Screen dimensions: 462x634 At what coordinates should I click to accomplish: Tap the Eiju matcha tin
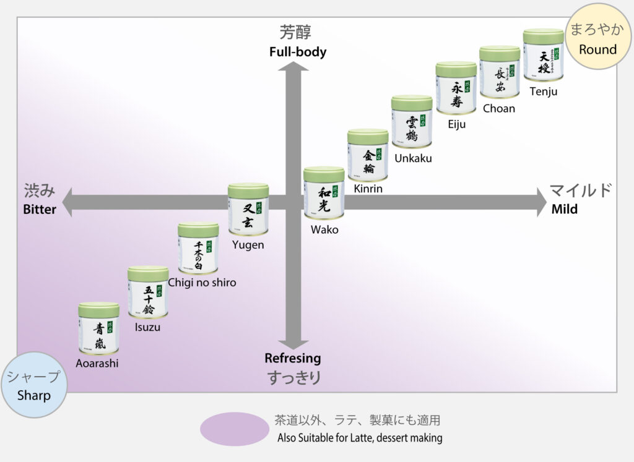(x=456, y=88)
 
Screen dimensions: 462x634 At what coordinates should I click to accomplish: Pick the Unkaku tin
(x=412, y=122)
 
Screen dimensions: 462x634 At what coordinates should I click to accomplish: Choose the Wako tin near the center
(x=324, y=192)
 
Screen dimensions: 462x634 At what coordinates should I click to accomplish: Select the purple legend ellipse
(x=235, y=429)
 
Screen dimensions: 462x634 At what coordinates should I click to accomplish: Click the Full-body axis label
(x=298, y=52)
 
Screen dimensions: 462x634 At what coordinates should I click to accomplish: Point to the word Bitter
(x=40, y=210)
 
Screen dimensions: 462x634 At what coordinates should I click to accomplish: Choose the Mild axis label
(x=565, y=209)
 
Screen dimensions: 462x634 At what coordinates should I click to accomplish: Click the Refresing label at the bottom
(x=293, y=358)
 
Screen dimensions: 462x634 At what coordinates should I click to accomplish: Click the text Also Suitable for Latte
(x=359, y=438)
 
